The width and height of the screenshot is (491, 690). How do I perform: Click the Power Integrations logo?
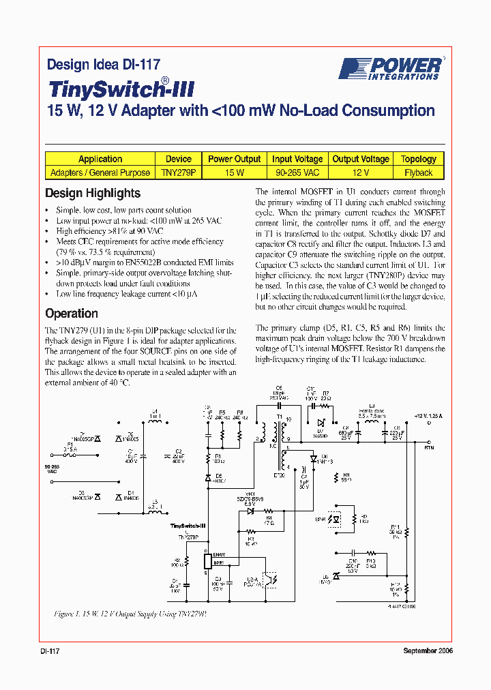pyautogui.click(x=391, y=68)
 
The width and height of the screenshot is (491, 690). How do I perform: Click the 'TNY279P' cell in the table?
pyautogui.click(x=179, y=173)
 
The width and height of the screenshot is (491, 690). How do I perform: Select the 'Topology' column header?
pyautogui.click(x=419, y=159)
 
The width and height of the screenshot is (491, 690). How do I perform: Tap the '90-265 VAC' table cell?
pyautogui.click(x=297, y=173)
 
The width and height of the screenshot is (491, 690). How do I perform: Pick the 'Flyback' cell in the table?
pyautogui.click(x=419, y=173)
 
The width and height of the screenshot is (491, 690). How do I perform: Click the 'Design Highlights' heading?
pyautogui.click(x=93, y=193)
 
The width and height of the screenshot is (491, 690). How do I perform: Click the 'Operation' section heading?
pyautogui.click(x=72, y=314)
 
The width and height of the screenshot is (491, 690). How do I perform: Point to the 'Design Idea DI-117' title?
pyautogui.click(x=104, y=65)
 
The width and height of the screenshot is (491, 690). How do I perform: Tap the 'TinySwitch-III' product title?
pyautogui.click(x=122, y=89)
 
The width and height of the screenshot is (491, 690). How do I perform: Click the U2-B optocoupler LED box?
pyautogui.click(x=336, y=518)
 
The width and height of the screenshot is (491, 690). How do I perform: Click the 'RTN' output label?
pyautogui.click(x=429, y=448)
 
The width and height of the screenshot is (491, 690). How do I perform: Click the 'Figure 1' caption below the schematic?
pyautogui.click(x=130, y=614)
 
